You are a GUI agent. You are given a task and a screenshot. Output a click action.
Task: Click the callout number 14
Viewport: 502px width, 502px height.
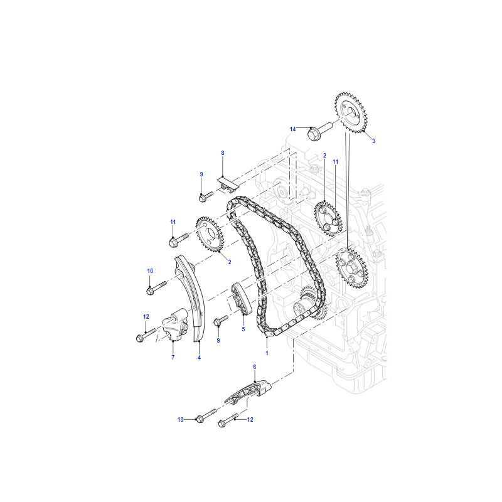point(292,129)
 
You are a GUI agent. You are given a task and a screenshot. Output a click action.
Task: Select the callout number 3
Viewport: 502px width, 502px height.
point(373,141)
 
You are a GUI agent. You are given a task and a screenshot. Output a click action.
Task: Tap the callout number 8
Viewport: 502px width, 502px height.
point(223,153)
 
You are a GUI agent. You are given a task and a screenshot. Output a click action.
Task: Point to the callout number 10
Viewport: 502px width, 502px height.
point(150,271)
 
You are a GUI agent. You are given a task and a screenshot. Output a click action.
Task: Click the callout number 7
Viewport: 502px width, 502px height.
point(173,357)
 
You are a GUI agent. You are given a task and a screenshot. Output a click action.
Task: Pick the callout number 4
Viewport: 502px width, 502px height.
point(199,357)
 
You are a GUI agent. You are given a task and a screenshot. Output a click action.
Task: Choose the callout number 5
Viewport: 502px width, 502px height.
point(243,329)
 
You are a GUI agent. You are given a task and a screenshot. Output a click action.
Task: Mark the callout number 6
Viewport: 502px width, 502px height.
point(255,367)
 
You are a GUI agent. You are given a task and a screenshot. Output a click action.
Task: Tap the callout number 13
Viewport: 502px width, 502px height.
point(181,419)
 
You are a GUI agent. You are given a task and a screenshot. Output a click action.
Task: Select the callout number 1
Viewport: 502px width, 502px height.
point(267,353)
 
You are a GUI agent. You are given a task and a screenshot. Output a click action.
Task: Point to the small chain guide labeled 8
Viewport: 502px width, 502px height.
point(228,185)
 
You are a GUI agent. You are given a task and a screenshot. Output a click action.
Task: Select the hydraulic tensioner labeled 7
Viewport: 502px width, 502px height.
point(175,326)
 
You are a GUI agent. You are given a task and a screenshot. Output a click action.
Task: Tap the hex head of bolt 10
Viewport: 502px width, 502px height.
point(150,291)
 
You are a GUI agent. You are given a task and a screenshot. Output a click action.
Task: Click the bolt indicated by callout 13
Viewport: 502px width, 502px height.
point(206,416)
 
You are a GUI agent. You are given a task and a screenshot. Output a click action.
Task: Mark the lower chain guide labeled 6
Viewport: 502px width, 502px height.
point(248,392)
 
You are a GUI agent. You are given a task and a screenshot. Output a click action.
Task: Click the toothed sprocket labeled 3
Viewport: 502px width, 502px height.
point(351,112)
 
